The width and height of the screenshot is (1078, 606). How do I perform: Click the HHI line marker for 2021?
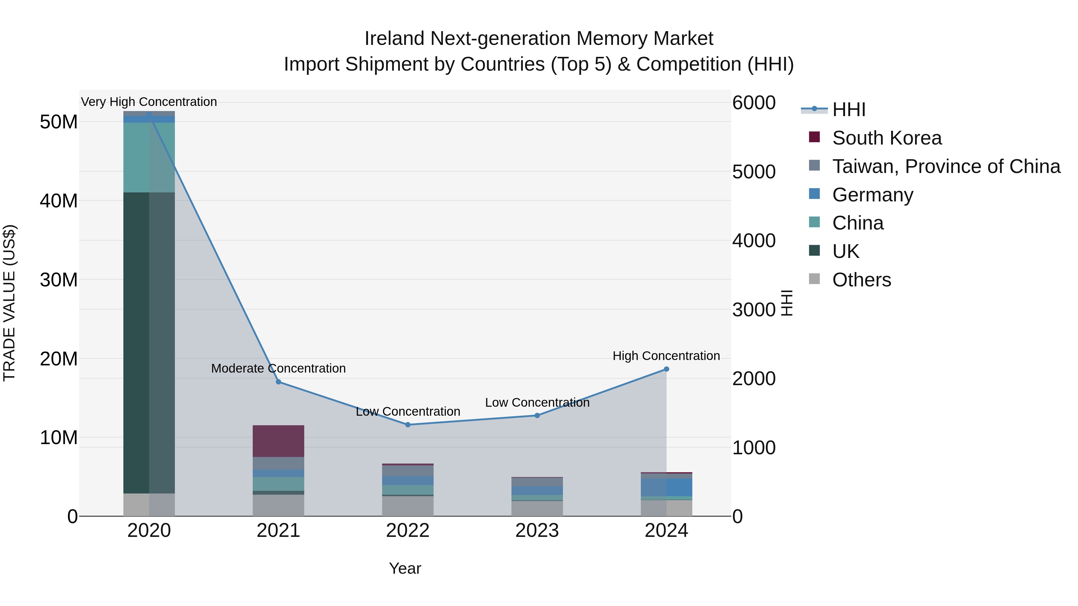tap(278, 382)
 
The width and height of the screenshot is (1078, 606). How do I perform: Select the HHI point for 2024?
tap(666, 369)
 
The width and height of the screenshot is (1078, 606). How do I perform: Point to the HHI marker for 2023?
tap(537, 416)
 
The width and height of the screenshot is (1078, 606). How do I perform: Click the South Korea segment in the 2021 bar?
tap(278, 441)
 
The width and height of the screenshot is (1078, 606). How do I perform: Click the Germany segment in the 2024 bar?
tap(666, 487)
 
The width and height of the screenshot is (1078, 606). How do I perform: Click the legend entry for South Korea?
tap(886, 138)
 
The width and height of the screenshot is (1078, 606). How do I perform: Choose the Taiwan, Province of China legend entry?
tap(946, 166)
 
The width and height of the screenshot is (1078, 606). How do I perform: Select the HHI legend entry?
tap(848, 110)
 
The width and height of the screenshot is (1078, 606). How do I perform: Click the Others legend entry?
tap(861, 280)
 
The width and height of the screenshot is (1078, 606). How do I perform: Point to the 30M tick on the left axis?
tap(59, 280)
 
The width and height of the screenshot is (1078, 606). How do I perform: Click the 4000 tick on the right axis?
tap(754, 241)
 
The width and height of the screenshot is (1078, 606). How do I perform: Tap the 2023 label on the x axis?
tap(537, 531)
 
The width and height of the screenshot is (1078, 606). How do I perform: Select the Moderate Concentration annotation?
tap(278, 368)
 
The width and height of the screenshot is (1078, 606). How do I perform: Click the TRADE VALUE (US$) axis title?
tap(9, 303)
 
